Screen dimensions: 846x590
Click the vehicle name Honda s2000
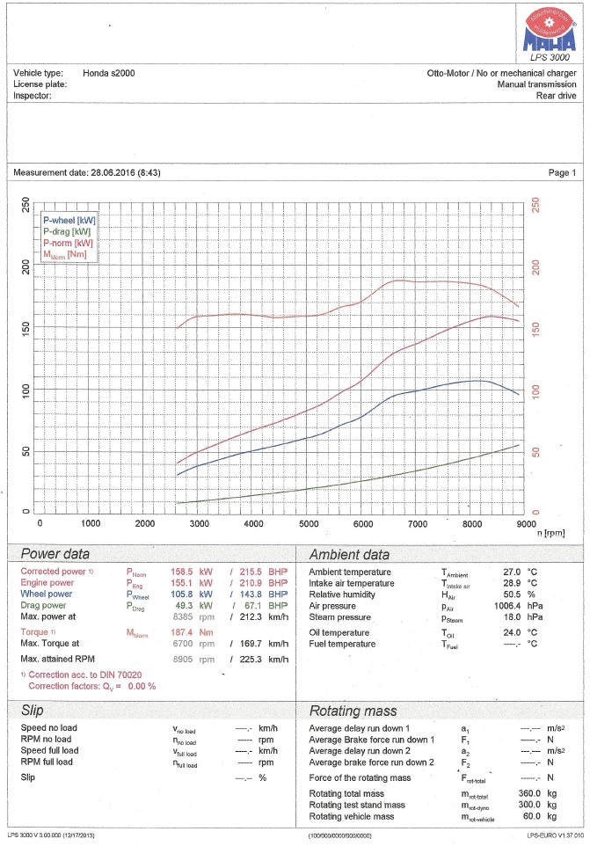pos(109,73)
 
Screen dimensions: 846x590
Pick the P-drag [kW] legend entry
pos(68,231)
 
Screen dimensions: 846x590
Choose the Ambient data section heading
pos(349,555)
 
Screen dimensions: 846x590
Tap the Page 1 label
pos(562,173)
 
